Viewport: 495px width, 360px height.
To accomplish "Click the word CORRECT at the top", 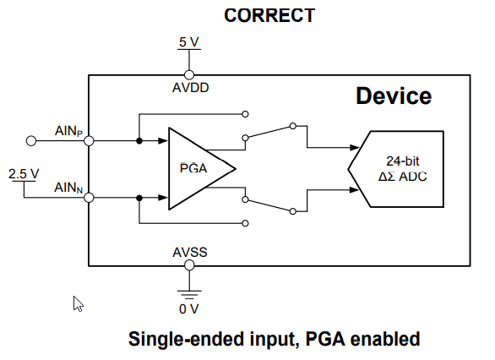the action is pyautogui.click(x=269, y=15).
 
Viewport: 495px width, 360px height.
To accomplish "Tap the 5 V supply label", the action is pyautogui.click(x=188, y=42).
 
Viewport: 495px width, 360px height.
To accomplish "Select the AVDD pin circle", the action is pyautogui.click(x=189, y=75).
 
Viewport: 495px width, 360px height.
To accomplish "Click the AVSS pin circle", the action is pyautogui.click(x=189, y=265).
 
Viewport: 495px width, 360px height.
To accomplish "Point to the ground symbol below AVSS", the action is pyautogui.click(x=189, y=295).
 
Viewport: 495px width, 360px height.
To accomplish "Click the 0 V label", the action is pyautogui.click(x=188, y=308).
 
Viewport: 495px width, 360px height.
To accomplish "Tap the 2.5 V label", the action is pyautogui.click(x=24, y=174).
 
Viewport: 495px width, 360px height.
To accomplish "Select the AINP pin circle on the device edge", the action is pyautogui.click(x=89, y=141).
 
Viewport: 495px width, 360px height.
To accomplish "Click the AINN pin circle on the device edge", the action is pyautogui.click(x=89, y=198).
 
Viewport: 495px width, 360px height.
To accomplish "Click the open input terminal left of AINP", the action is pyautogui.click(x=31, y=141).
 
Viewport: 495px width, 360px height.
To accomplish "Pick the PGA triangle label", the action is pyautogui.click(x=193, y=168).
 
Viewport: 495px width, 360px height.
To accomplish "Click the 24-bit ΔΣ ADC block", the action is pyautogui.click(x=396, y=169).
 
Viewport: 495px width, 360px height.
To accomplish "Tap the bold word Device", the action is pyautogui.click(x=394, y=95).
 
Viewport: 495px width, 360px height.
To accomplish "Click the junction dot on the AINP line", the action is pyautogui.click(x=139, y=141).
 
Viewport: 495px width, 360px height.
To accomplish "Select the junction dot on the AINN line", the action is pyautogui.click(x=139, y=198).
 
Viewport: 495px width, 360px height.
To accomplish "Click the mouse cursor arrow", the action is pyautogui.click(x=78, y=303).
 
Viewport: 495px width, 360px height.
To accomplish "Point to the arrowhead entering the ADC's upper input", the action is pyautogui.click(x=355, y=147).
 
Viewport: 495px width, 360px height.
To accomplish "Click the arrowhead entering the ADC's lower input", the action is pyautogui.click(x=355, y=190).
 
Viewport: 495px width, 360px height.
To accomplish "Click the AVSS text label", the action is pyautogui.click(x=190, y=253).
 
